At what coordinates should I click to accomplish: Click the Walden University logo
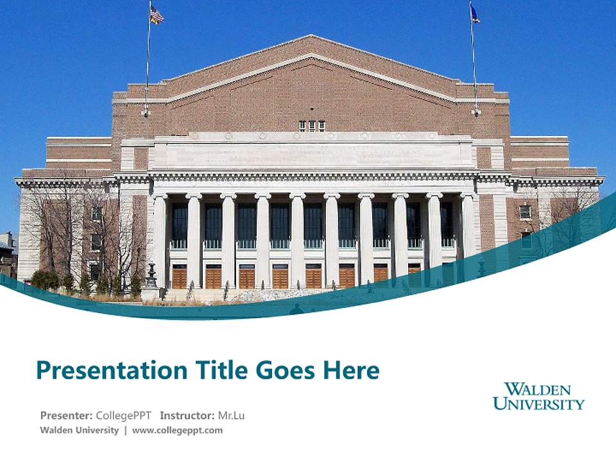pyautogui.click(x=538, y=396)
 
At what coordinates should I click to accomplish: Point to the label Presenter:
pyautogui.click(x=67, y=415)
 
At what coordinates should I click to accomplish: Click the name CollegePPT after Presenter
pyautogui.click(x=123, y=415)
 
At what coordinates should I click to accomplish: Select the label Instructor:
pyautogui.click(x=187, y=415)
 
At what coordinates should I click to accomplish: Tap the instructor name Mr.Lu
pyautogui.click(x=231, y=415)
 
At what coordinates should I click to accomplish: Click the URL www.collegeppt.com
pyautogui.click(x=177, y=430)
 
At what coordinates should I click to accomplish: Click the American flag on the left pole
pyautogui.click(x=157, y=15)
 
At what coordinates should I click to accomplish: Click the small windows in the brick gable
pyautogui.click(x=312, y=126)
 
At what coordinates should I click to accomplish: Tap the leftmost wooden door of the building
pyautogui.click(x=179, y=277)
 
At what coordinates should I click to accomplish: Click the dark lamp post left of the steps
pyautogui.click(x=151, y=277)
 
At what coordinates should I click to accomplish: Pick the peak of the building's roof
pyautogui.click(x=311, y=37)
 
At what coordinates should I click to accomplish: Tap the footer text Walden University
pyautogui.click(x=79, y=430)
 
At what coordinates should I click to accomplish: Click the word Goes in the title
pyautogui.click(x=285, y=371)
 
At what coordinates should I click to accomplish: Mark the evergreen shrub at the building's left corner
pyautogui.click(x=46, y=280)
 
